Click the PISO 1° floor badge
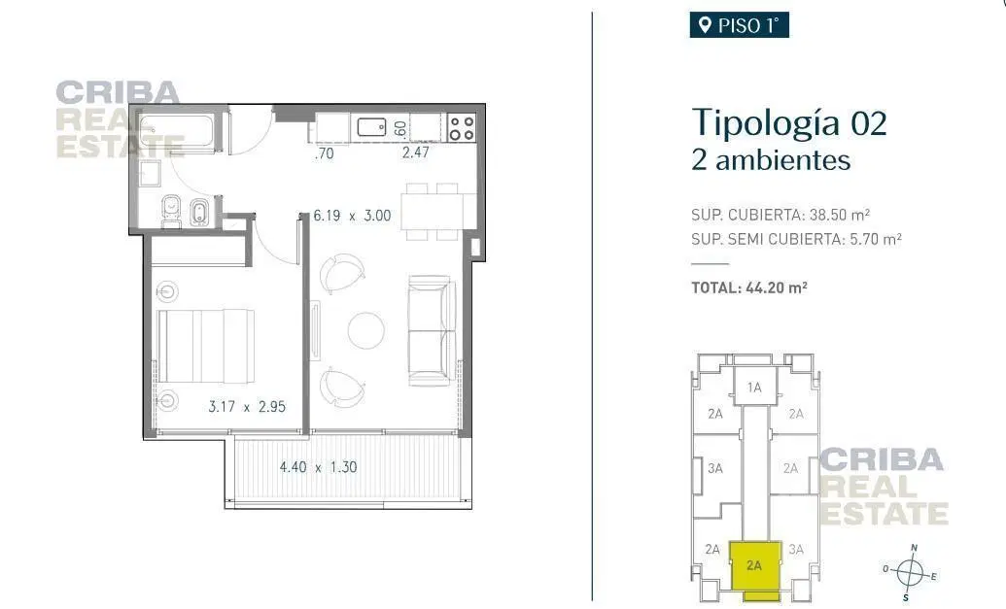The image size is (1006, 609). click(739, 25)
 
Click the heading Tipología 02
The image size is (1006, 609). click(789, 121)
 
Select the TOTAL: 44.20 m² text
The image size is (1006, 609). click(748, 288)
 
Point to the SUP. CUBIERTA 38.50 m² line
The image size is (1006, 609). click(781, 214)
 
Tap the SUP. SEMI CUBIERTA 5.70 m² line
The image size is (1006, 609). click(796, 239)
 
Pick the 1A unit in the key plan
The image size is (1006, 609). click(754, 387)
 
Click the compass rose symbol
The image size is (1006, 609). click(910, 572)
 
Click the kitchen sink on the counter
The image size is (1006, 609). click(371, 127)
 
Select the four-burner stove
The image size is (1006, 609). click(462, 127)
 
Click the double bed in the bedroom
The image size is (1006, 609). click(205, 346)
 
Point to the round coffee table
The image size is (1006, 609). click(366, 331)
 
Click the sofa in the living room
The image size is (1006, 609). click(432, 331)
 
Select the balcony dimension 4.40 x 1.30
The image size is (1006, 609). click(318, 466)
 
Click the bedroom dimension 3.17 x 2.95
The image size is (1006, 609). click(247, 406)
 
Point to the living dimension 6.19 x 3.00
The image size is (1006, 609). click(352, 216)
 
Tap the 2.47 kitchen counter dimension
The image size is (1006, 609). click(416, 152)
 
